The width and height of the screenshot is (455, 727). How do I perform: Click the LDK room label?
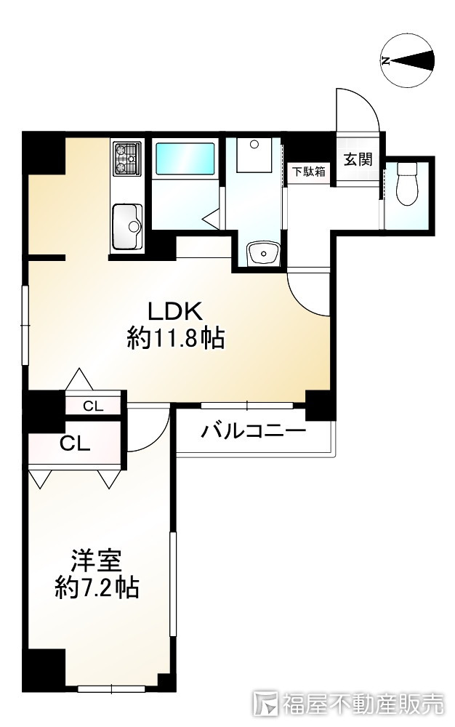[174, 311]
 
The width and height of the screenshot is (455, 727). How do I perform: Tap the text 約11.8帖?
[175, 338]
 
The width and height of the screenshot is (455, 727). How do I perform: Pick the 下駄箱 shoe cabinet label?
[308, 172]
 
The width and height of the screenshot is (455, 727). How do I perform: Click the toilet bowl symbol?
[408, 185]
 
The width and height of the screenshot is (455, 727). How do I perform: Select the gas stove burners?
[127, 159]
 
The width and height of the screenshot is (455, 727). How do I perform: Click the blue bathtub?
[185, 158]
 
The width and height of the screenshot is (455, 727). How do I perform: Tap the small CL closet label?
[93, 406]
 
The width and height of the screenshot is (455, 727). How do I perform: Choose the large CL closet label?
[75, 444]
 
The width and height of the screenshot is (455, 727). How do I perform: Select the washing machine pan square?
[254, 153]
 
